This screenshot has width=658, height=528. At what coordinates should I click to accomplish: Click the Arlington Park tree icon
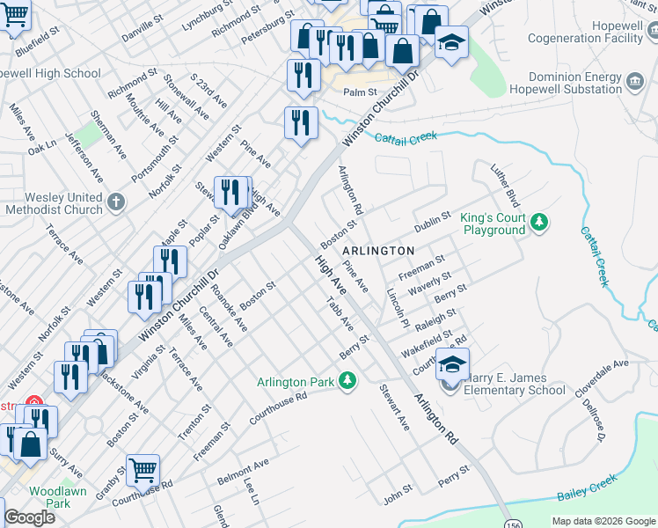point(348,381)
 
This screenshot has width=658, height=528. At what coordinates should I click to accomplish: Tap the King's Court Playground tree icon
point(538,224)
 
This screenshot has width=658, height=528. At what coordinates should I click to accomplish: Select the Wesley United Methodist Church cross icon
point(116,203)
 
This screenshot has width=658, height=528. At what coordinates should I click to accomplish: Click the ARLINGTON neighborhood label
point(377,251)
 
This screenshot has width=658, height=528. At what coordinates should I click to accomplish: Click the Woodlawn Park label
point(57,497)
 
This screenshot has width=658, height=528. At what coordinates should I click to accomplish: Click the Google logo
point(29,517)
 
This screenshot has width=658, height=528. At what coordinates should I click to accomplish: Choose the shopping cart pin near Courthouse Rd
point(143,469)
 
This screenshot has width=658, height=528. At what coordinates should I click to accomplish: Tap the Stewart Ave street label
point(394,407)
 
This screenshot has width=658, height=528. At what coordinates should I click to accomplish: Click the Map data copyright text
point(603,521)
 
